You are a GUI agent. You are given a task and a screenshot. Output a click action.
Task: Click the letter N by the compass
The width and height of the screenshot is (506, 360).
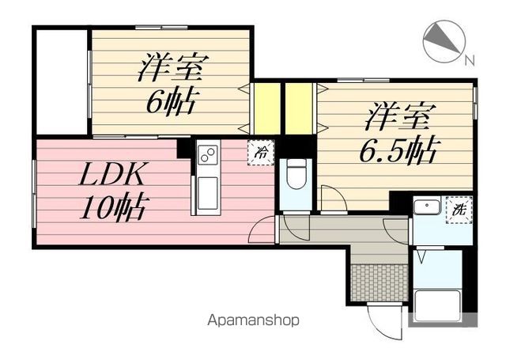pos(469,60)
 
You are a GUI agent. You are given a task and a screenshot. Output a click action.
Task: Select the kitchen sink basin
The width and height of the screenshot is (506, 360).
pos(207,194)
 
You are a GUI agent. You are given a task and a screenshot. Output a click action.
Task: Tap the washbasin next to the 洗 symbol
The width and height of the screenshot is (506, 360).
pos(428,208)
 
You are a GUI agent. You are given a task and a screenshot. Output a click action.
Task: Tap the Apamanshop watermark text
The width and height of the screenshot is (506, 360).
pos(253,321)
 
